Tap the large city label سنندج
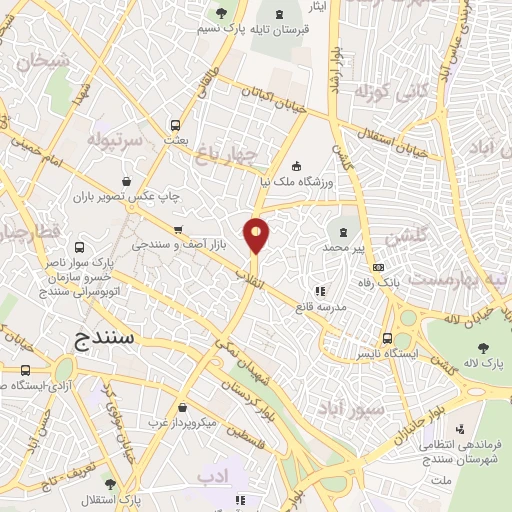pyautogui.click(x=104, y=339)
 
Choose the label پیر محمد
pyautogui.click(x=347, y=246)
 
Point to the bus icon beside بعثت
pyautogui.click(x=176, y=127)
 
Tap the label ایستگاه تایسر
pyautogui.click(x=386, y=354)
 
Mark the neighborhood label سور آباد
pyautogui.click(x=345, y=409)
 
